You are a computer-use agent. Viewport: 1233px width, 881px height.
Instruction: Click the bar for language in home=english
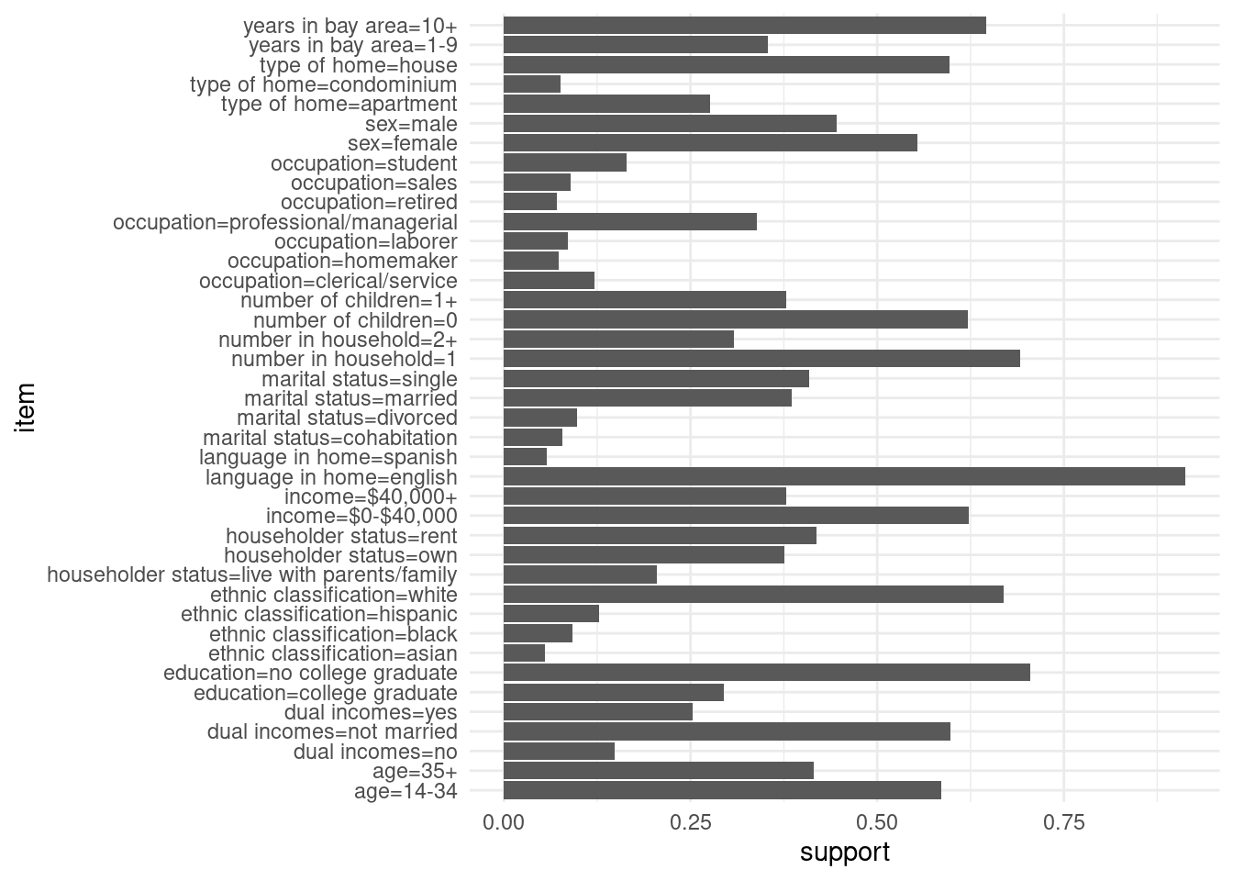pyautogui.click(x=844, y=476)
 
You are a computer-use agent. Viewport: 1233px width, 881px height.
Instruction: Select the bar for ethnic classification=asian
pyautogui.click(x=524, y=653)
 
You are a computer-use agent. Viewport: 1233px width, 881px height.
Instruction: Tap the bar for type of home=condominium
pyautogui.click(x=532, y=84)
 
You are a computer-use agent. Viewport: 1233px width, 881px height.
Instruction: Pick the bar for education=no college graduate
pyautogui.click(x=766, y=673)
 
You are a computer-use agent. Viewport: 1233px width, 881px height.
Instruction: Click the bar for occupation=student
pyautogui.click(x=565, y=162)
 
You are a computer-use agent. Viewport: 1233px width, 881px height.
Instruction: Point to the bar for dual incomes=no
pyautogui.click(x=559, y=752)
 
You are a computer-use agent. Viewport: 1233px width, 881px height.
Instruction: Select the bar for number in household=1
pyautogui.click(x=761, y=359)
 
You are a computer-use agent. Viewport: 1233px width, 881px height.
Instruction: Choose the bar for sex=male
pyautogui.click(x=670, y=124)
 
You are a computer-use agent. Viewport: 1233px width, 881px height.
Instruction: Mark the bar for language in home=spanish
pyautogui.click(x=525, y=457)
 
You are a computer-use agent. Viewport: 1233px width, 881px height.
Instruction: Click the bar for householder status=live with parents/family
pyautogui.click(x=580, y=574)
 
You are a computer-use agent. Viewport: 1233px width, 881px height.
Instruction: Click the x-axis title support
pyautogui.click(x=844, y=853)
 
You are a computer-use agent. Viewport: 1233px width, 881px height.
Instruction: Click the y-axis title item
pyautogui.click(x=25, y=407)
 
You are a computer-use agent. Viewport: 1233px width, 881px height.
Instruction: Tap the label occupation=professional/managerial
pyautogui.click(x=285, y=222)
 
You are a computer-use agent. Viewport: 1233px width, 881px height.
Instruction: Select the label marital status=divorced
pyautogui.click(x=347, y=418)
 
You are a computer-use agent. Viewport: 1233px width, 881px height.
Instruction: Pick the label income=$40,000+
pyautogui.click(x=371, y=496)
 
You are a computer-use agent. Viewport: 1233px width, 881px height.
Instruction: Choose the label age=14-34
pyautogui.click(x=405, y=791)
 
